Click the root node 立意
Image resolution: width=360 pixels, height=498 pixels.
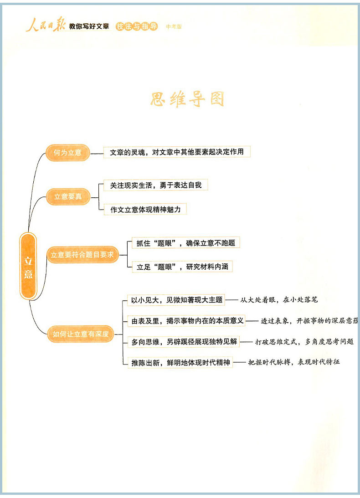tap(28, 267)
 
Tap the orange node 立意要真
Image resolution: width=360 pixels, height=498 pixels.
tap(67, 197)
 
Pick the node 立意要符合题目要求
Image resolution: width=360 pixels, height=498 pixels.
tap(82, 255)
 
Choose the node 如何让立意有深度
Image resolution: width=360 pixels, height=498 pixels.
tap(81, 334)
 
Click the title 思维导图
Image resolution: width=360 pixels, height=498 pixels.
tap(187, 99)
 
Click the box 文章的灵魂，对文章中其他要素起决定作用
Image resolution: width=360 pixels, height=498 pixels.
tap(177, 152)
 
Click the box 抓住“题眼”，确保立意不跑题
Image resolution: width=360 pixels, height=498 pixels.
tap(185, 243)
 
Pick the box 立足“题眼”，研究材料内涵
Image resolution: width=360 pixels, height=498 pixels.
tap(182, 267)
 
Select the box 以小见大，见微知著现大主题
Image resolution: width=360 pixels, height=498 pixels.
tap(177, 300)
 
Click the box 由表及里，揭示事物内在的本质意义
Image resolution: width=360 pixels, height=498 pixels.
tap(187, 321)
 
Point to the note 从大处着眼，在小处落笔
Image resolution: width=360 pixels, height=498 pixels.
tap(279, 300)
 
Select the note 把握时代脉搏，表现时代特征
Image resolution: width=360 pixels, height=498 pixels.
tap(294, 363)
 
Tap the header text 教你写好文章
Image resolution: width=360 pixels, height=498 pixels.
tap(89, 27)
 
